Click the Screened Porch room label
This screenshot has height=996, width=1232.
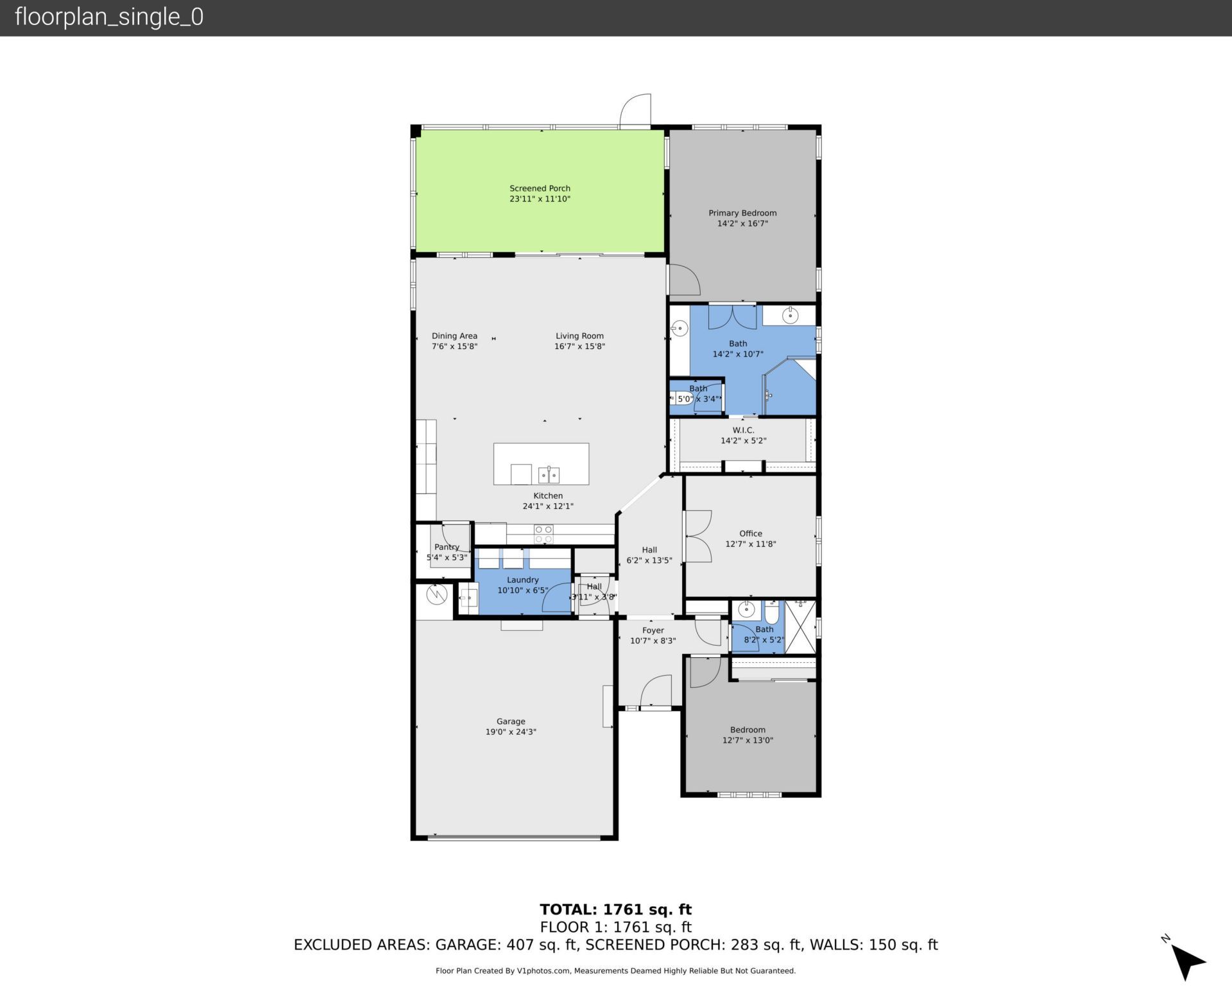click(540, 188)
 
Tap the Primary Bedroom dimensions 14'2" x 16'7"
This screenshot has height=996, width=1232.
click(742, 223)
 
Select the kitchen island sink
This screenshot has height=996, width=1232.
click(549, 475)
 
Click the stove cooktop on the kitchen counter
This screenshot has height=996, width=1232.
click(543, 534)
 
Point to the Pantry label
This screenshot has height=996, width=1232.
click(447, 547)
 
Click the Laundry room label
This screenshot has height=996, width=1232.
click(522, 580)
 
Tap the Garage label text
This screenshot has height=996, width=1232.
click(511, 721)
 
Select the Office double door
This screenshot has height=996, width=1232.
click(697, 536)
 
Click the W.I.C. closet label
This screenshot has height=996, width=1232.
click(743, 430)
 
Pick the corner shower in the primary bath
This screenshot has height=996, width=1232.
click(791, 388)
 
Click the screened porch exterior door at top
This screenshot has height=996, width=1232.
click(635, 110)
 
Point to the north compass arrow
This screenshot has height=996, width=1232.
click(1188, 961)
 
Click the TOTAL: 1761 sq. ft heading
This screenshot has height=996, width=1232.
click(615, 909)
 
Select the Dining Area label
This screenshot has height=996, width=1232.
click(454, 336)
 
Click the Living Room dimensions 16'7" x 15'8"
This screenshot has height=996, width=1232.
click(579, 347)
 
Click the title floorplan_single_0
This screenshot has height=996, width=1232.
click(109, 17)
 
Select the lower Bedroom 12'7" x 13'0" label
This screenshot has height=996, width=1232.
click(748, 735)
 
